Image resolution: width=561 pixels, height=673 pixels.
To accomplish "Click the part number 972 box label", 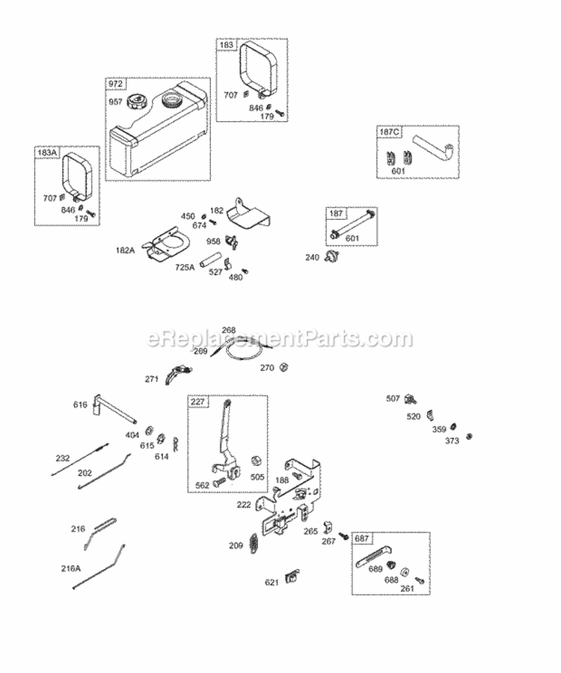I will tap(115, 84).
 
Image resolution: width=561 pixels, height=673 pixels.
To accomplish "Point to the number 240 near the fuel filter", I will tap(312, 257).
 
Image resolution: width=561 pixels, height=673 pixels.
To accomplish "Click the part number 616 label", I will tap(80, 405).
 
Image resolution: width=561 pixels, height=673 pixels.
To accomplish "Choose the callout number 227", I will tap(197, 402).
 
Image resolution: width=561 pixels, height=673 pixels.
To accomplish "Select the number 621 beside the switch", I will tap(272, 583).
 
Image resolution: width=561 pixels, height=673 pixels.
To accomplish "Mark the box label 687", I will tap(361, 538).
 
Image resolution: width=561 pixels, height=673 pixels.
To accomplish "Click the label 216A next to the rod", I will tap(71, 568).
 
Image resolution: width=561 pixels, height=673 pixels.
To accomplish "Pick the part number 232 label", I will tap(62, 458).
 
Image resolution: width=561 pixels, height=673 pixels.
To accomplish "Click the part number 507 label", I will tap(393, 399).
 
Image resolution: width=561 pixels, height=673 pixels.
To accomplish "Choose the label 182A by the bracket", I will tap(126, 250).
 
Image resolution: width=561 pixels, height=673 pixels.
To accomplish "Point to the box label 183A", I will tap(46, 152).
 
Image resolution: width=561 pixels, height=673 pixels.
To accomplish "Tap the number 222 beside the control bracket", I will tap(244, 505).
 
